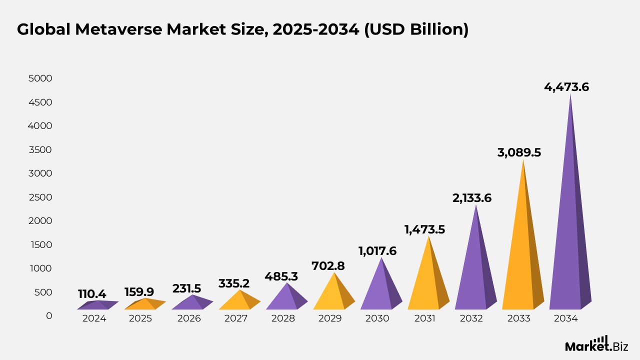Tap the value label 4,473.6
[566, 87]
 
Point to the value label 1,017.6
[377, 251]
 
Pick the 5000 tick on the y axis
[40, 79]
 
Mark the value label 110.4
[92, 294]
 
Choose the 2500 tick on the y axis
[40, 197]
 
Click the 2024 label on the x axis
[94, 318]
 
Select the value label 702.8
[328, 266]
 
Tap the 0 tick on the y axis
[48, 316]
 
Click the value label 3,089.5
[519, 152]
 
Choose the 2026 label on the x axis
[189, 318]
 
